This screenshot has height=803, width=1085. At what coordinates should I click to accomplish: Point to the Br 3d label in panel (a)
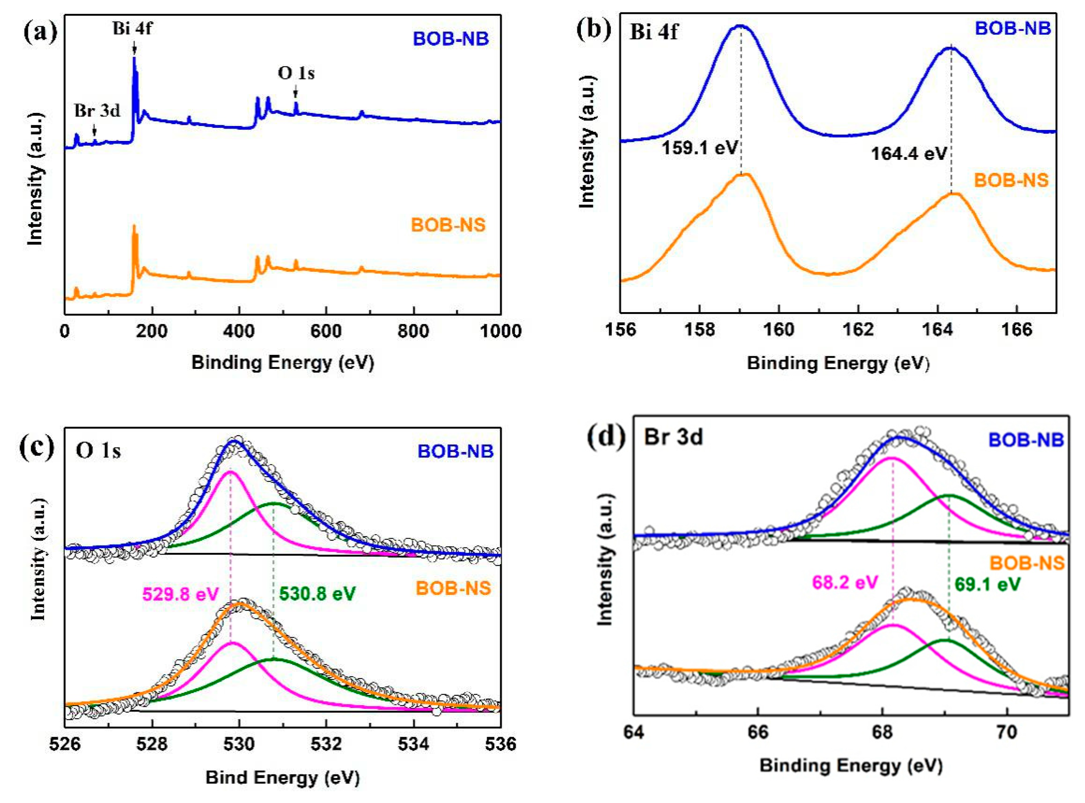click(97, 111)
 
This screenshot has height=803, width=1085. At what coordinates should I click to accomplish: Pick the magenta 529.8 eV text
click(180, 594)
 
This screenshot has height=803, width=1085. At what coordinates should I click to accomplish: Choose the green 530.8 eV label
click(317, 594)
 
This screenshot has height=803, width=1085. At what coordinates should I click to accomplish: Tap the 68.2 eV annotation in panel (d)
click(845, 582)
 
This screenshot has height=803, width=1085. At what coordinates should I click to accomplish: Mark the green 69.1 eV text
click(987, 584)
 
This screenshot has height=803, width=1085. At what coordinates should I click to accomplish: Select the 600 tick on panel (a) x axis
click(325, 331)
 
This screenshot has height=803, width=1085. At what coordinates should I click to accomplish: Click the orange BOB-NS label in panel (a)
click(448, 225)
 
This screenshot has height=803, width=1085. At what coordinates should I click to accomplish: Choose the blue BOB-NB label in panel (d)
click(1026, 440)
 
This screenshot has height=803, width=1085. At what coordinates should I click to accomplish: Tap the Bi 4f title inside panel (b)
click(653, 32)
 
